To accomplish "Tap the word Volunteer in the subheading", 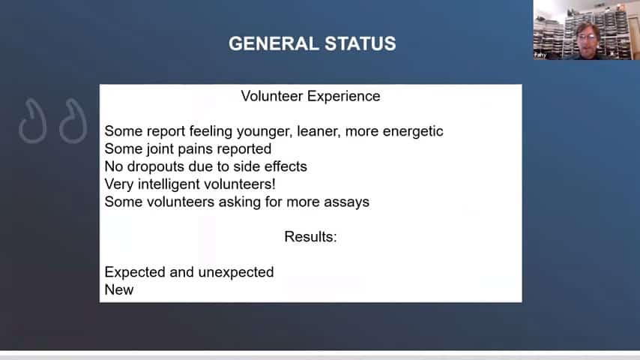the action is tap(272, 96).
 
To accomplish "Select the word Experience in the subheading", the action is tap(344, 97).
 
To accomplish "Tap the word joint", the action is tap(160, 149).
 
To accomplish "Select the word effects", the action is tap(286, 166).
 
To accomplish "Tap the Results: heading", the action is tap(310, 237).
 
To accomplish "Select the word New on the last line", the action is tap(119, 289).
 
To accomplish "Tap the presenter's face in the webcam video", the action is tap(588, 38).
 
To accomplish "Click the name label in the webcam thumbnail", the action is tap(540, 55).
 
